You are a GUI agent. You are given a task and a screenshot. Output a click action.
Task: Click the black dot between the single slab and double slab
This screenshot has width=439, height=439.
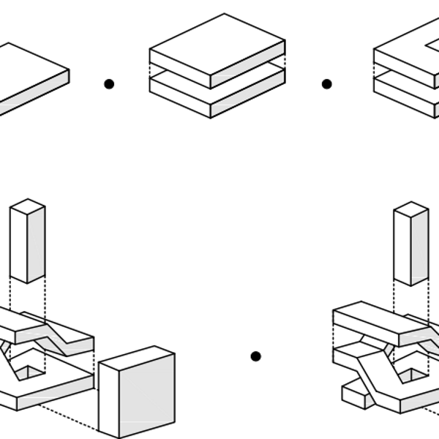pos(109,84)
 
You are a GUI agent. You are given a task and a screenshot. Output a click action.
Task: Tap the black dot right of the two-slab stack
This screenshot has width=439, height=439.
pos(327,84)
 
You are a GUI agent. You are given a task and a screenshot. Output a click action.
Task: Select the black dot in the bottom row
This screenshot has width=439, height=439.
pos(255,356)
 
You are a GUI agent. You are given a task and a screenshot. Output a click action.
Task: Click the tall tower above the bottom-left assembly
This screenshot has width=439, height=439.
pos(28,241)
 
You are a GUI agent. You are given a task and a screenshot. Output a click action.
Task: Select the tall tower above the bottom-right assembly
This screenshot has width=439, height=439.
pos(410,245)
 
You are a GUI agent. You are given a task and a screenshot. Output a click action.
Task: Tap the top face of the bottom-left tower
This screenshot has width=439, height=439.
pos(28,206)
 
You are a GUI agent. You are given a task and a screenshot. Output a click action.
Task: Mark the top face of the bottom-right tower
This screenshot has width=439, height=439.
pos(410,209)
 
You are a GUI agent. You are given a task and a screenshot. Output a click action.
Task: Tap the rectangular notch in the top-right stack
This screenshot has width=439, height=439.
pos(432,45)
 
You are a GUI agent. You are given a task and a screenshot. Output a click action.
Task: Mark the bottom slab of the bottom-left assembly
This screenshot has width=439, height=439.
pos(44,388)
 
